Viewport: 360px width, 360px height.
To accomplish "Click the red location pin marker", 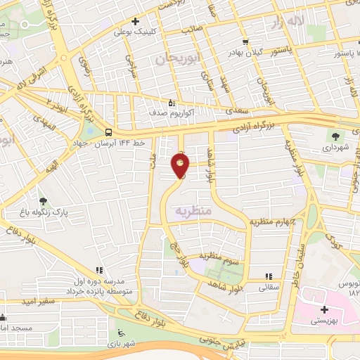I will click(x=181, y=166).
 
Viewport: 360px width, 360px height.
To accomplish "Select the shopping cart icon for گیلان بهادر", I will click(x=245, y=41).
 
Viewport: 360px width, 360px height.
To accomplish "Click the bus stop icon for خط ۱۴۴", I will click(x=108, y=131).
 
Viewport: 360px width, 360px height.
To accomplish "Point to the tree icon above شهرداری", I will click(x=335, y=136).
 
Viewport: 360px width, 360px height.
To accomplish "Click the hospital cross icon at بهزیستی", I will click(x=323, y=309).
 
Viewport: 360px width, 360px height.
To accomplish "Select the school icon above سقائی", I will click(x=267, y=276).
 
